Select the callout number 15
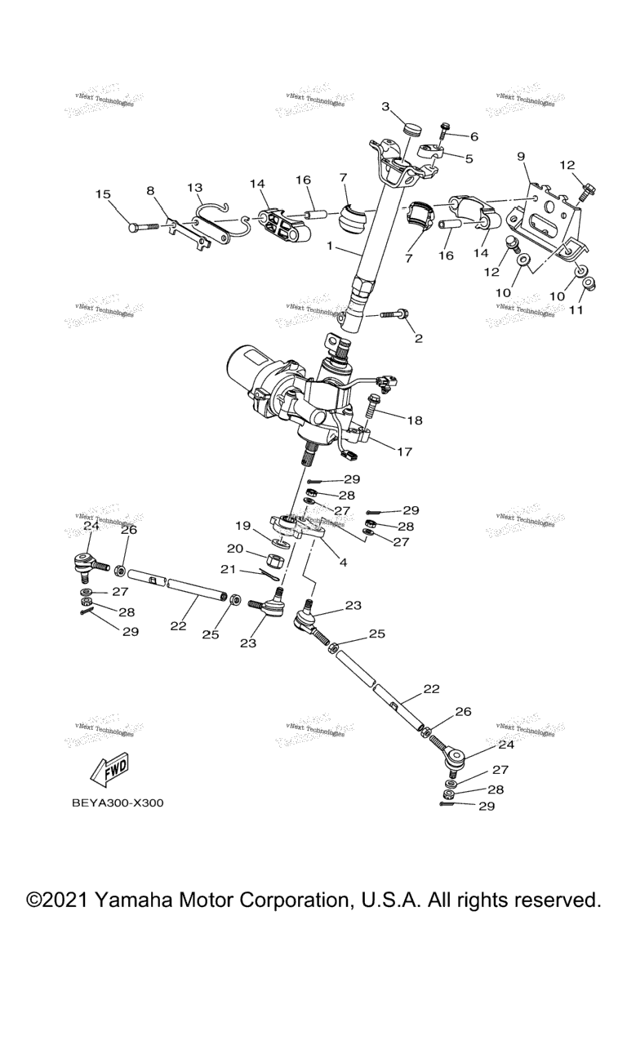point(102,194)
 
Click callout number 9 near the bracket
point(520,156)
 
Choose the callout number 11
point(576,310)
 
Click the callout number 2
point(418,338)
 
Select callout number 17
point(405,450)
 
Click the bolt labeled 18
point(374,402)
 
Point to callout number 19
point(242,526)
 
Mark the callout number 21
point(229,569)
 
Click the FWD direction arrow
point(106,769)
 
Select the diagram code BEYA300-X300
point(118,803)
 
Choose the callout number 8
point(150,190)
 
